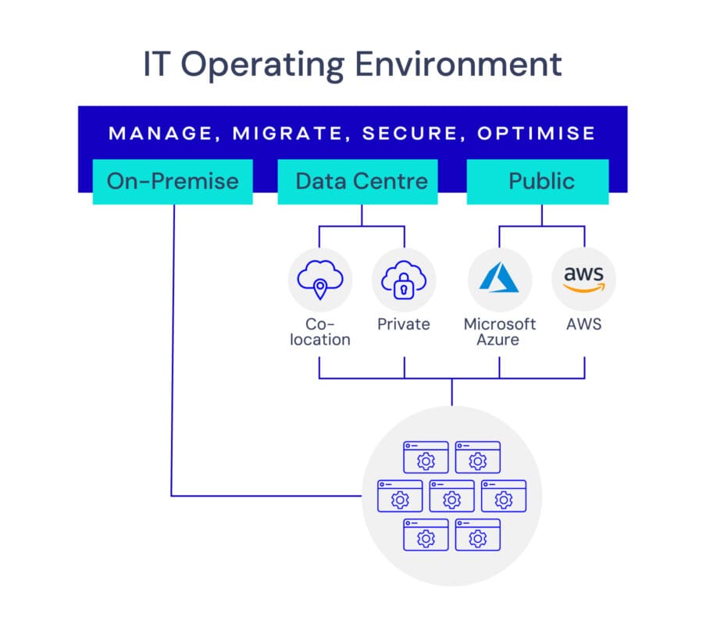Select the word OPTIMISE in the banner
[x=537, y=133]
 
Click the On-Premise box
[x=173, y=181]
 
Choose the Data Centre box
[x=361, y=181]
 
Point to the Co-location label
[x=319, y=331]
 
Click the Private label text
[x=404, y=323]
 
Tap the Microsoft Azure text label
[x=499, y=331]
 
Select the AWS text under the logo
[x=583, y=323]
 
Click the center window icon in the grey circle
[x=451, y=495]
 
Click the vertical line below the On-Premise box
[x=172, y=351]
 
